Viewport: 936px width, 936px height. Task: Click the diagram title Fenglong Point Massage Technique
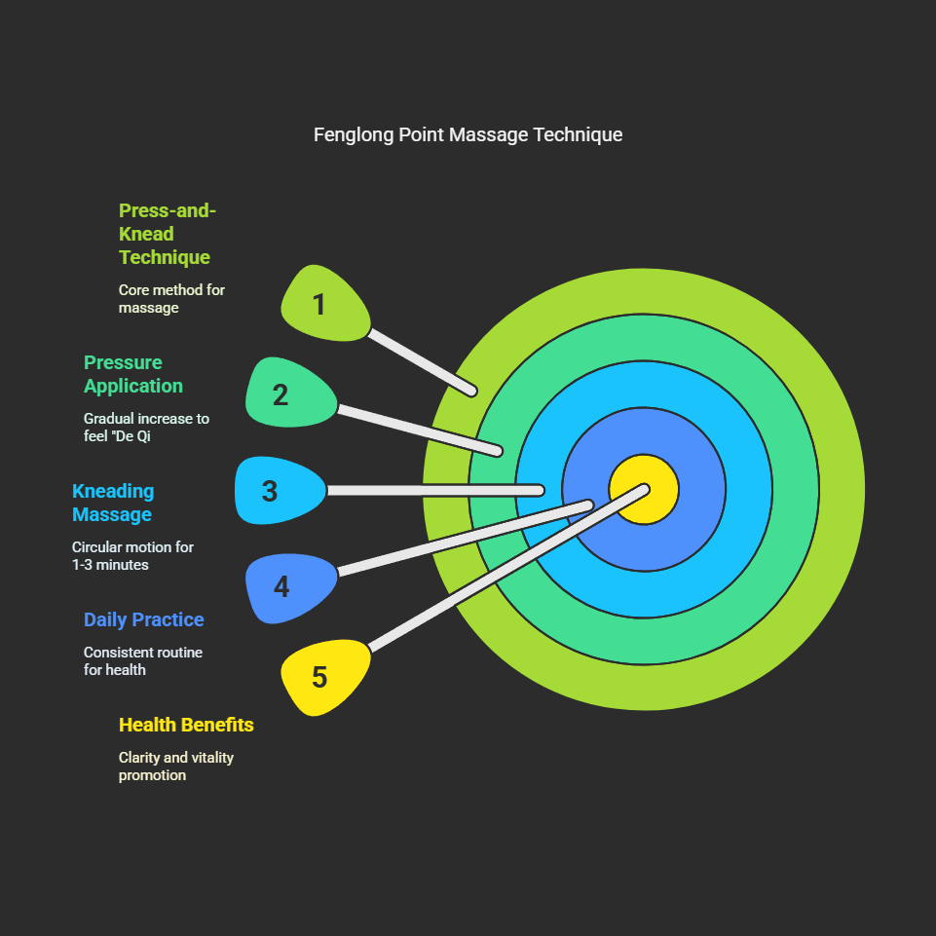pyautogui.click(x=468, y=134)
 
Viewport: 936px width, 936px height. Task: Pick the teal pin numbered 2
pyautogui.click(x=287, y=393)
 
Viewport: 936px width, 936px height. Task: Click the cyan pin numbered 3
pyautogui.click(x=278, y=491)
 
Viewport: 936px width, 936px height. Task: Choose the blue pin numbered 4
pyautogui.click(x=288, y=586)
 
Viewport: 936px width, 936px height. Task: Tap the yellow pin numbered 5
pyautogui.click(x=323, y=676)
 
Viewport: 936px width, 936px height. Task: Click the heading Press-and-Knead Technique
pyautogui.click(x=166, y=234)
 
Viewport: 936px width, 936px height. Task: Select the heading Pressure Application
pyautogui.click(x=133, y=374)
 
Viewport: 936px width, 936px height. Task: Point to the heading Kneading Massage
pyautogui.click(x=113, y=503)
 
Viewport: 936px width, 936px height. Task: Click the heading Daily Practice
pyautogui.click(x=144, y=619)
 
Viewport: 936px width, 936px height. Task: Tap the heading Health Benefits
pyautogui.click(x=186, y=725)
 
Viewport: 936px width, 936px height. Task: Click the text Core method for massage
pyautogui.click(x=171, y=298)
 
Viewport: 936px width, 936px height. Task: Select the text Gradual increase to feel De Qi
pyautogui.click(x=146, y=427)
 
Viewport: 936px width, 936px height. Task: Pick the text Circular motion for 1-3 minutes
pyautogui.click(x=132, y=555)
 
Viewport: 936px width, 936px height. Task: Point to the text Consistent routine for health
pyautogui.click(x=143, y=660)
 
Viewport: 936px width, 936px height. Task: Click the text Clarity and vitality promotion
pyautogui.click(x=176, y=766)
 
